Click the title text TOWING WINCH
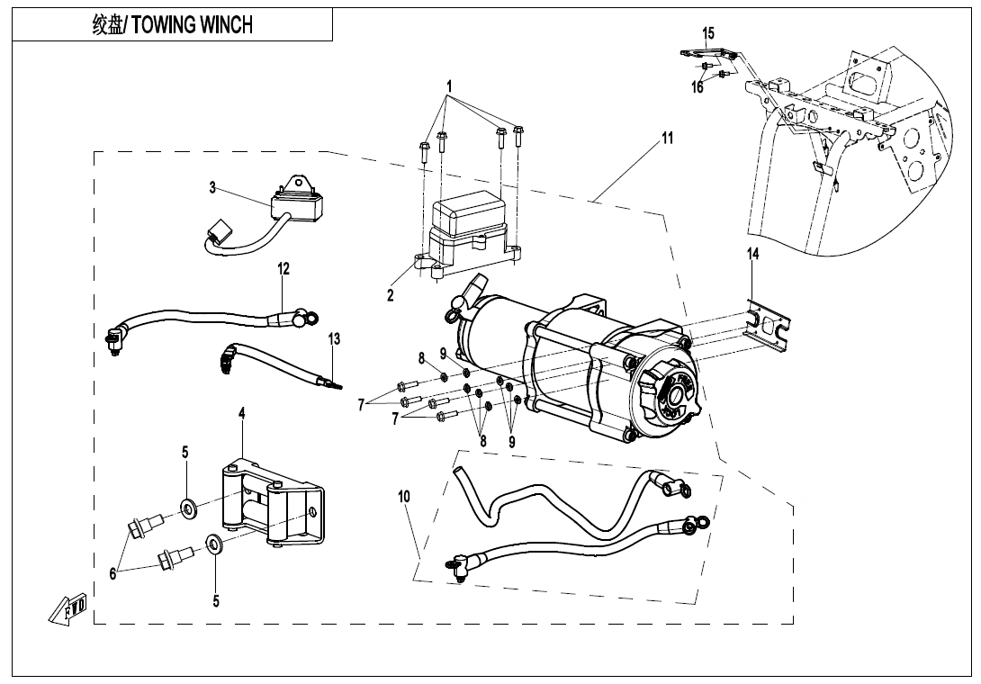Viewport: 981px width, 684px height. [x=172, y=25]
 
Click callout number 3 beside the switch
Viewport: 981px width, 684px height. [x=212, y=188]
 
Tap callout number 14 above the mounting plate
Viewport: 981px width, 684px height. [x=753, y=255]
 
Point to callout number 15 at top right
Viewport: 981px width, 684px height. [x=708, y=34]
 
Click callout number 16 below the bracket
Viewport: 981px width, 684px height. [x=697, y=87]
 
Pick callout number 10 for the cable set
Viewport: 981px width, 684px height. [x=404, y=496]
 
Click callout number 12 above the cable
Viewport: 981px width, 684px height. [x=283, y=268]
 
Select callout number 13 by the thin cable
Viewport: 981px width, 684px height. [x=335, y=339]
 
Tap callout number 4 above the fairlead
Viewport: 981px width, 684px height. [x=242, y=413]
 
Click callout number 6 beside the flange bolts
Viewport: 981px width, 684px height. [x=113, y=574]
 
